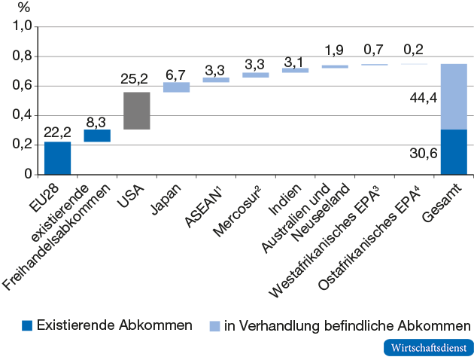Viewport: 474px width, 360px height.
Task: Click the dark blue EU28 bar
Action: coord(57,158)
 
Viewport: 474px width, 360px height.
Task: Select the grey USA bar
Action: coord(137,111)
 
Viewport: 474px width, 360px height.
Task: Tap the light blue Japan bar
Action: coord(176,87)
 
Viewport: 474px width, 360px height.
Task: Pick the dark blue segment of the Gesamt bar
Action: coord(453,152)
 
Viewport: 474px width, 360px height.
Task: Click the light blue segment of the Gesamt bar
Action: coord(453,96)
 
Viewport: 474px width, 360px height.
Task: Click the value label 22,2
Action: coord(57,133)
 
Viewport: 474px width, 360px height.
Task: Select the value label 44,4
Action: coord(419,97)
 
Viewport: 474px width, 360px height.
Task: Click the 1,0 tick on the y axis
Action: coord(23,26)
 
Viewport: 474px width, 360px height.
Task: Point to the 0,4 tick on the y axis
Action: coord(23,115)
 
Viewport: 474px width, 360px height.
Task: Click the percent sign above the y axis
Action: coord(23,9)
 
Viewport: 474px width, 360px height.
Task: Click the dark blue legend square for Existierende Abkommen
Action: coord(26,325)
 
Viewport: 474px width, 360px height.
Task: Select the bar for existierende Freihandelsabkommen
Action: coord(97,136)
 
